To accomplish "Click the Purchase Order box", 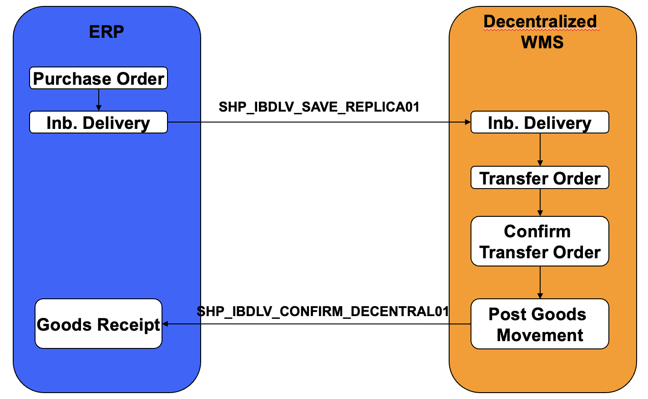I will (98, 78).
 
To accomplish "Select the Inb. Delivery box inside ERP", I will (98, 123).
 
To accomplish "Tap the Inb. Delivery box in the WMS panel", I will (540, 123).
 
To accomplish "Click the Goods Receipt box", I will (98, 324).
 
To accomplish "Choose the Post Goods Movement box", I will (540, 324).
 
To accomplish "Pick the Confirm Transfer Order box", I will (540, 241).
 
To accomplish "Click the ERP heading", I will (106, 31).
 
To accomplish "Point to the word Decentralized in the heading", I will (540, 21).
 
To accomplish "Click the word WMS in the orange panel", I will (542, 42).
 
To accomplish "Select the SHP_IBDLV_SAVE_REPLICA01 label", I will (319, 107).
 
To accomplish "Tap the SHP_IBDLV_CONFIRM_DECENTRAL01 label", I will (323, 312).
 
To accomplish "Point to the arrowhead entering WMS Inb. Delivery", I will (468, 122).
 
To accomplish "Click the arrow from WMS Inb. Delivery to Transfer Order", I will (540, 149).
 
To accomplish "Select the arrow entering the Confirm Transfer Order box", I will (540, 203).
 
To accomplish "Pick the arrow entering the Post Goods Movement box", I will (540, 282).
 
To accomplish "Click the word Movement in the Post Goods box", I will (540, 335).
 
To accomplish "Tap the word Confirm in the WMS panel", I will (537, 231).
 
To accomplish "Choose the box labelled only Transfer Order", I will (540, 178).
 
